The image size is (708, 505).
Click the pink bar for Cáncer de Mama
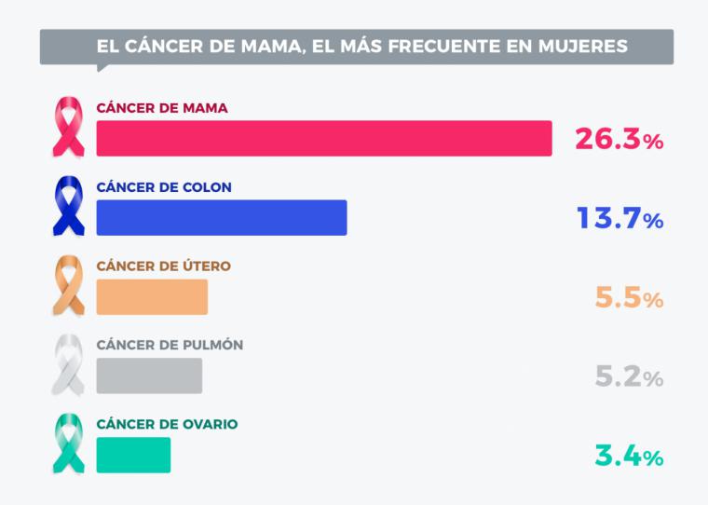pos(324,138)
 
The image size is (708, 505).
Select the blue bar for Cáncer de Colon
pos(222,217)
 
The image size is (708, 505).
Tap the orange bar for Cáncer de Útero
pos(152,296)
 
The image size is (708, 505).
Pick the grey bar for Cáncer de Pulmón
pos(149,375)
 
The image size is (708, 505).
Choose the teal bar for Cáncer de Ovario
pos(133,455)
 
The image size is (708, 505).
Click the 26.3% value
pos(618,140)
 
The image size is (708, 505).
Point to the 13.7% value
pos(618,219)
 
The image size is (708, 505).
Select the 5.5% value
pos(629,298)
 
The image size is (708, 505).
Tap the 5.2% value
pos(629,377)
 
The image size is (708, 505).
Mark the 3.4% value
pos(629,457)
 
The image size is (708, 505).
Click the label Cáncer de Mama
pos(162,107)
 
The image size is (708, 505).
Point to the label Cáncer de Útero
pos(163,266)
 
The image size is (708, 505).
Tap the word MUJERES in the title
pos(585,46)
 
